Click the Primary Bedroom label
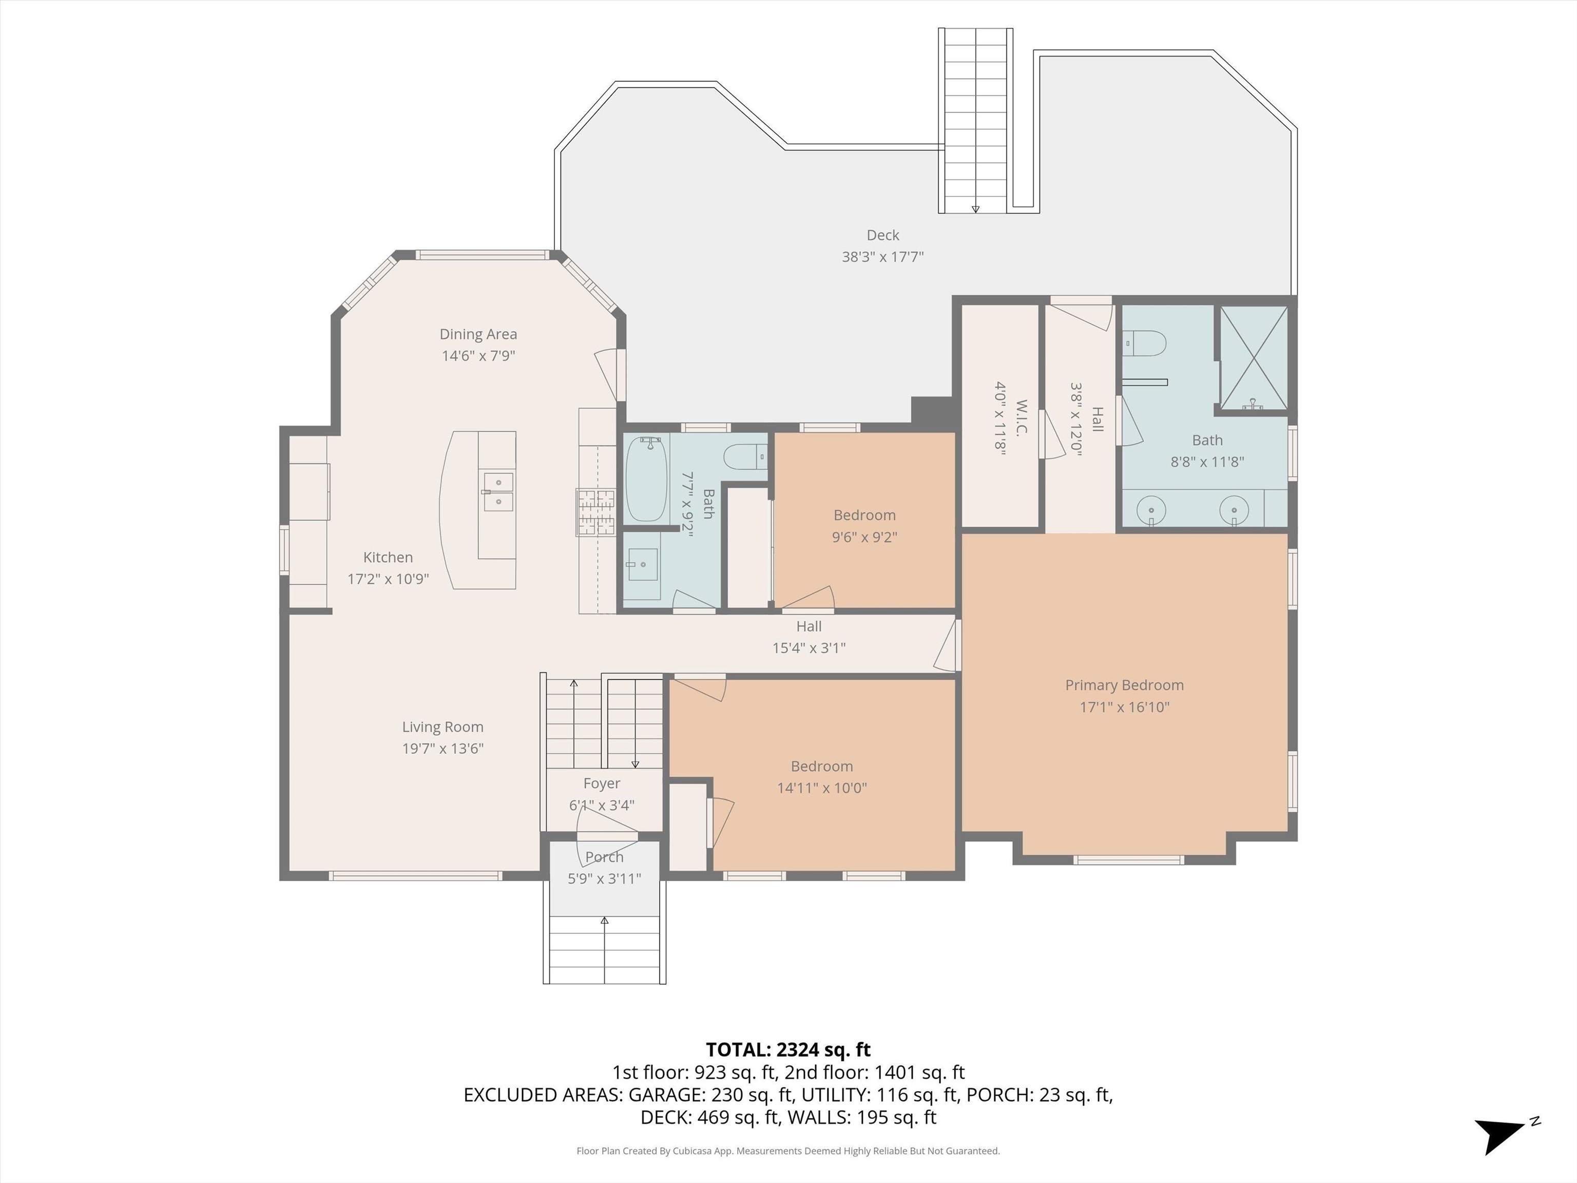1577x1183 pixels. (1124, 685)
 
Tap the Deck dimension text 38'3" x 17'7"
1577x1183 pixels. (882, 257)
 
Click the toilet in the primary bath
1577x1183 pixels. (1144, 344)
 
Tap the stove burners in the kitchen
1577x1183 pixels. (596, 512)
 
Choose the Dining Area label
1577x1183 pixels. (478, 334)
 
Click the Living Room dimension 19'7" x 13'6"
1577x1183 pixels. (443, 749)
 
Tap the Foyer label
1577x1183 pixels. (602, 783)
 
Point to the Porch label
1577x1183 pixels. (605, 856)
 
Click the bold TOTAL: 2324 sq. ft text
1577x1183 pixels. (788, 1050)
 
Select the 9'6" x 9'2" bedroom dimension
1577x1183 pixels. (864, 537)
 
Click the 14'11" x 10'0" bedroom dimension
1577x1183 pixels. (822, 788)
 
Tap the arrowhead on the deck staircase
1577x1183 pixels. (975, 209)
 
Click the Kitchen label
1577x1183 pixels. (388, 557)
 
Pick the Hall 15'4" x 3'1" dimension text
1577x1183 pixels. (809, 648)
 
